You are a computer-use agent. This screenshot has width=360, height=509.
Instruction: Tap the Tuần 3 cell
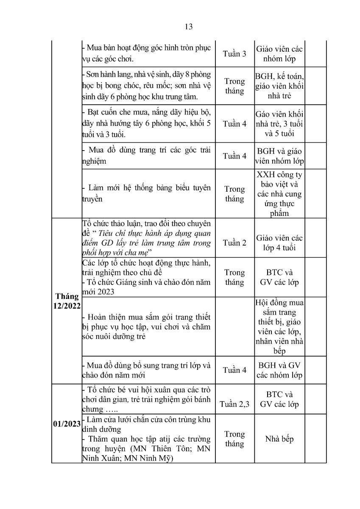click(234, 54)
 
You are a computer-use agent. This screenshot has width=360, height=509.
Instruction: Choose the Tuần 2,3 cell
click(234, 404)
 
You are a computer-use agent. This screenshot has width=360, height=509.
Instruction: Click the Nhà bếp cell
click(279, 439)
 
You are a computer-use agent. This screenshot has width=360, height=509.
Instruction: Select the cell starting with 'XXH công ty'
click(279, 194)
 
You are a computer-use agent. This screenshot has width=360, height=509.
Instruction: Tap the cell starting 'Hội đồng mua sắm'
click(279, 326)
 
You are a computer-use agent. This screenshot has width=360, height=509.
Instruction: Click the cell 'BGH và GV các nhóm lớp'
click(279, 370)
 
